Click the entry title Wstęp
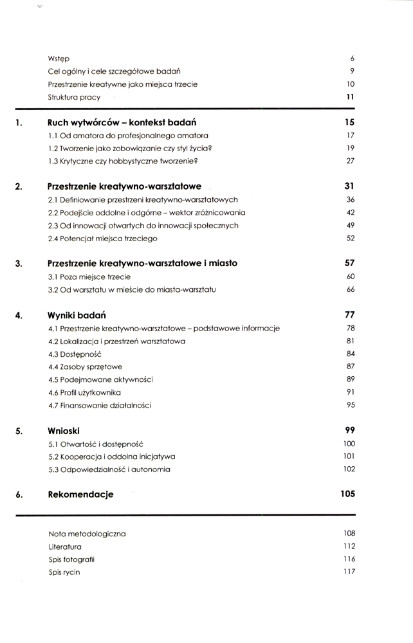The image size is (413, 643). (59, 59)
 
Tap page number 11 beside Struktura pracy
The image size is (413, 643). (351, 97)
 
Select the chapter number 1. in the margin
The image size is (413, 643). (19, 122)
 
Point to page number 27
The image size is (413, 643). (351, 161)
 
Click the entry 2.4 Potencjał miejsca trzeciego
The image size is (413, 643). (102, 239)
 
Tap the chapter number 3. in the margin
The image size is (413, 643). (19, 264)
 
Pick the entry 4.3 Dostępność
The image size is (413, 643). (75, 354)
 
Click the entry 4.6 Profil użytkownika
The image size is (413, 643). (85, 392)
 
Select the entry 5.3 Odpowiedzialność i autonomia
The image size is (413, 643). (109, 469)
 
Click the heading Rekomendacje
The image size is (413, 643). (81, 494)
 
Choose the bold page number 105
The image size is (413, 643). (347, 494)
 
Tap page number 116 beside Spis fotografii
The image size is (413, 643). (349, 559)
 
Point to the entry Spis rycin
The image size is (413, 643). (64, 572)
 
